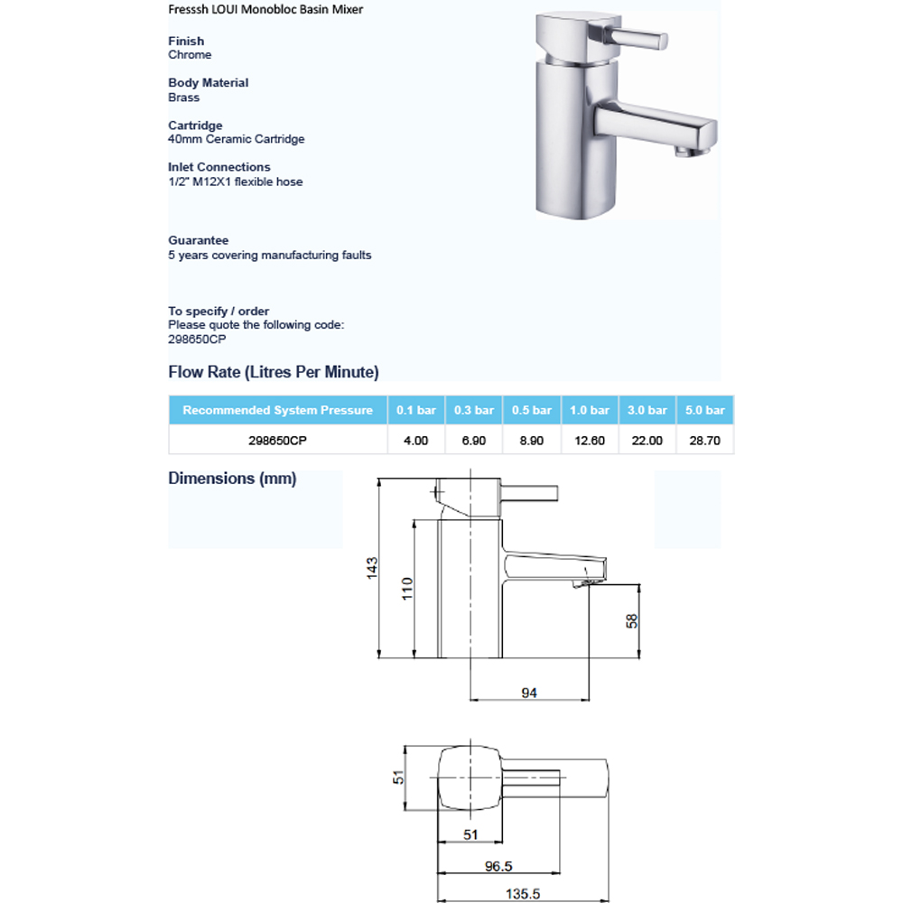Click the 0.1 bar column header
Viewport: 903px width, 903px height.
pos(415,410)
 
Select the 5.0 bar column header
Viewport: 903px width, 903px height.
pos(704,410)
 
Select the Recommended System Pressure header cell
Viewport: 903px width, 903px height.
pos(277,410)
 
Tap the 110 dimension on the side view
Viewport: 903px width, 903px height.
pos(407,589)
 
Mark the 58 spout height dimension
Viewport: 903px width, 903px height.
pos(632,620)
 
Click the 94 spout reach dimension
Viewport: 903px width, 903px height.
pos(529,693)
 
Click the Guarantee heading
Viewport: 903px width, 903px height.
pos(198,240)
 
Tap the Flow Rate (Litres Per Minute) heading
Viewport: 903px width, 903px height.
pos(274,372)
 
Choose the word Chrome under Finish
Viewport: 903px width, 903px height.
pos(190,55)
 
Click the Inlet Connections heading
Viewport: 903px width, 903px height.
pos(219,167)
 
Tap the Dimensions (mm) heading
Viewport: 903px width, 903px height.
pos(232,479)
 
